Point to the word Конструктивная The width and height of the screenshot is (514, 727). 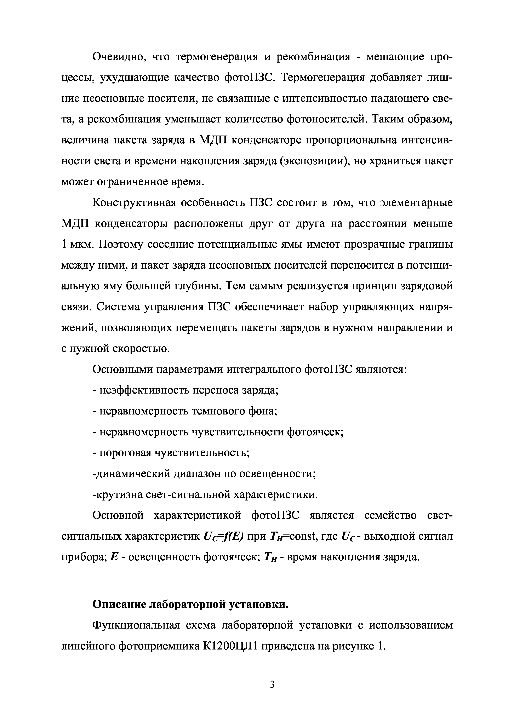(133, 203)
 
